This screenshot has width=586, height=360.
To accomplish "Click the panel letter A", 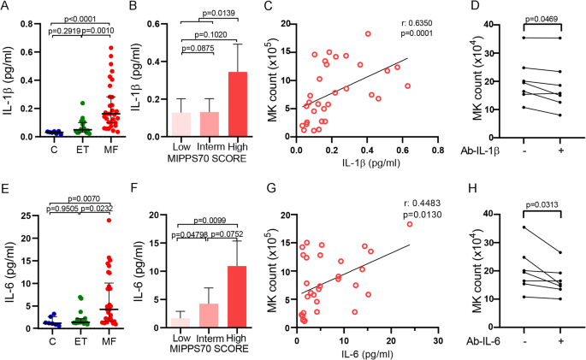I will click(6, 9).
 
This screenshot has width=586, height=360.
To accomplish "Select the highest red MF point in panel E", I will click(110, 221).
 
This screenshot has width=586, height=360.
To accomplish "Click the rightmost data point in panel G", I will click(410, 224).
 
